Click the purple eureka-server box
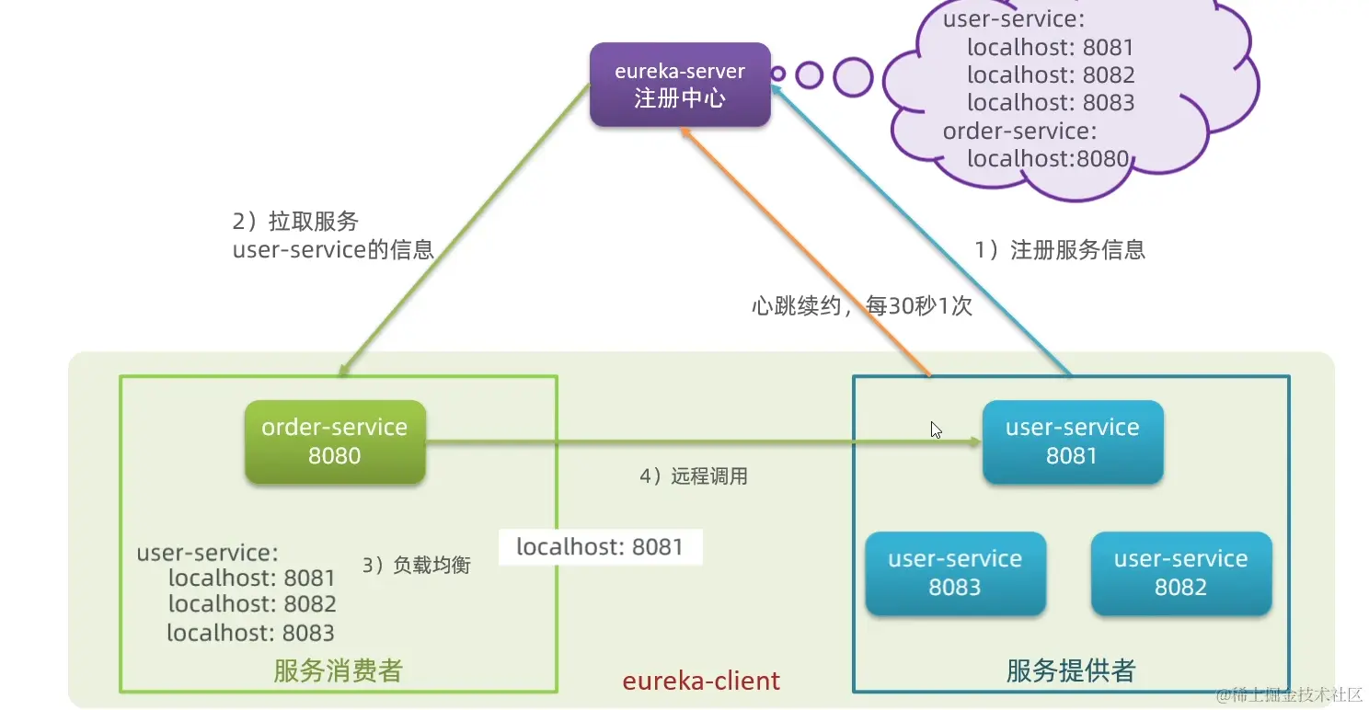tap(679, 85)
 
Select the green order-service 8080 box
tap(335, 441)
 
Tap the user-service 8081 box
tap(1072, 441)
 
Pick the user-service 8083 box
tap(955, 573)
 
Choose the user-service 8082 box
tap(1180, 573)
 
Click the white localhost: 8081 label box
tap(600, 547)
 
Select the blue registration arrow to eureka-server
tap(920, 230)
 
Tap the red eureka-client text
tap(701, 681)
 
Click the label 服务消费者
tap(338, 670)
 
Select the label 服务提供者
tap(1071, 670)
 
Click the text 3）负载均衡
tap(416, 565)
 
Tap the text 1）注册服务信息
tap(1060, 249)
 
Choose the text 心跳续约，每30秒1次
tap(861, 306)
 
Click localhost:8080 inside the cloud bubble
tap(1047, 159)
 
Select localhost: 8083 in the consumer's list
tap(250, 633)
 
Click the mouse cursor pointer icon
tap(936, 429)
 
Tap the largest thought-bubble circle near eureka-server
tap(853, 76)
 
